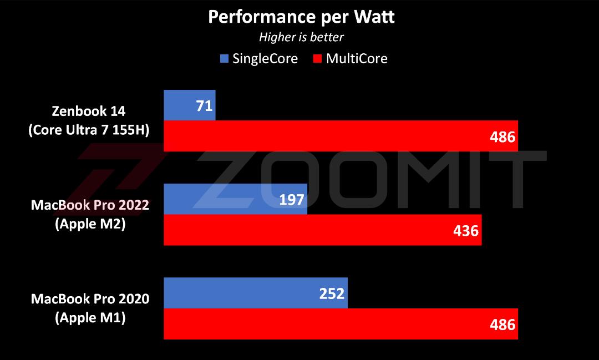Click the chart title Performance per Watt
point(301,17)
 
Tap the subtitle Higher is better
point(301,37)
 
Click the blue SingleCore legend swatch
point(224,58)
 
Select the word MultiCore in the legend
point(357,58)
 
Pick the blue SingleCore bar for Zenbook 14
point(190,105)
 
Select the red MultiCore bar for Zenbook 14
point(341,136)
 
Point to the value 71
point(204,106)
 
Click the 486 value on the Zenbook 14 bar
point(502,137)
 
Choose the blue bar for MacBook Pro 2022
point(235,199)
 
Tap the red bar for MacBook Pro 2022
point(323,230)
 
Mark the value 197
point(292,200)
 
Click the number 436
point(466,231)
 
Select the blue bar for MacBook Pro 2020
point(256,293)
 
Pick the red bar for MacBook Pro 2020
point(341,324)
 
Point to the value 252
point(332,293)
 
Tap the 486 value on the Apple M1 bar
point(502,325)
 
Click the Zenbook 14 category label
point(89,111)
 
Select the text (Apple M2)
point(90,224)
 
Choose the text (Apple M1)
point(90,318)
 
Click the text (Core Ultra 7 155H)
point(89,130)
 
